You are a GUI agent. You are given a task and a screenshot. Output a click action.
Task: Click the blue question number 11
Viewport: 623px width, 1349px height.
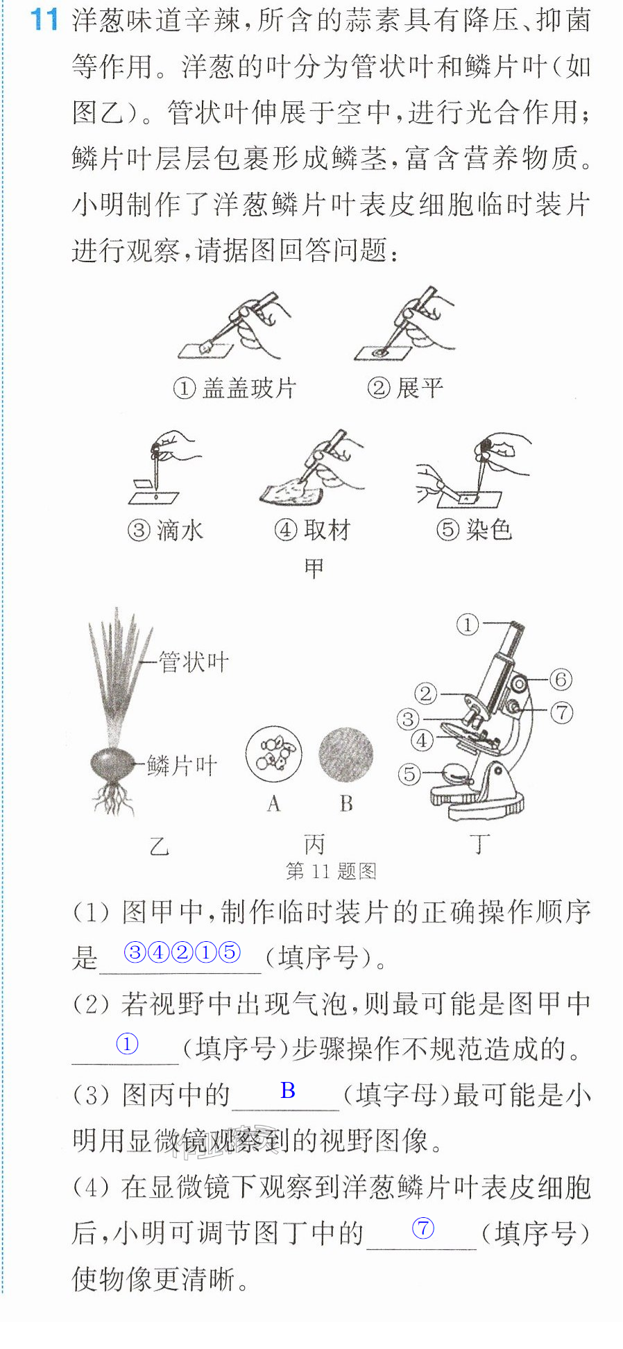click(44, 19)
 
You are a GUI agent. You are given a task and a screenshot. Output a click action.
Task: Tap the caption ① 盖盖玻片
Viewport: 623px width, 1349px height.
click(234, 388)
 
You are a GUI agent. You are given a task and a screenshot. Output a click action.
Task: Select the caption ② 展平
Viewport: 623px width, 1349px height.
click(405, 388)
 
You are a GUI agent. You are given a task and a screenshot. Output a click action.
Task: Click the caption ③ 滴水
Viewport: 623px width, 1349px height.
click(165, 531)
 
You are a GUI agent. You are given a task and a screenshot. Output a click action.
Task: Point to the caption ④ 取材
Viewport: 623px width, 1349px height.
click(312, 531)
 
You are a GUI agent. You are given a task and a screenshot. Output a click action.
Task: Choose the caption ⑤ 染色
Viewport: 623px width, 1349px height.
click(474, 530)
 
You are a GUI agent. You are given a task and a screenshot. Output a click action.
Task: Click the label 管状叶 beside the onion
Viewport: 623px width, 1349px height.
click(194, 662)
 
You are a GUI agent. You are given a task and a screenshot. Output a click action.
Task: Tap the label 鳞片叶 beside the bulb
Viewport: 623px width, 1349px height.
click(182, 766)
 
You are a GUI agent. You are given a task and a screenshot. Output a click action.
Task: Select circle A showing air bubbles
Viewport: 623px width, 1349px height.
click(273, 754)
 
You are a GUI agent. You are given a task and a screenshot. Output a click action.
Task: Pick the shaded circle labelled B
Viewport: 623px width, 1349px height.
click(345, 755)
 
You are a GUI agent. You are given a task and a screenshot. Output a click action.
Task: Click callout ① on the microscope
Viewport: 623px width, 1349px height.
click(468, 624)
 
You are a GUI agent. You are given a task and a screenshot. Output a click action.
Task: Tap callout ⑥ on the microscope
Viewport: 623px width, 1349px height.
click(561, 679)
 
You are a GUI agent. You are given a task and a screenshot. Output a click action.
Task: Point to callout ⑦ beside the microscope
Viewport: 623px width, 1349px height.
click(561, 712)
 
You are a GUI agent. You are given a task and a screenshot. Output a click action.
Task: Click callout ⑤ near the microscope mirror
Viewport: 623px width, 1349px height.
click(409, 774)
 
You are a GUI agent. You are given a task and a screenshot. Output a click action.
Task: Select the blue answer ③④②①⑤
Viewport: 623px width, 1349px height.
click(182, 952)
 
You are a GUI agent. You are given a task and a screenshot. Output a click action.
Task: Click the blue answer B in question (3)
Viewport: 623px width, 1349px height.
click(288, 1090)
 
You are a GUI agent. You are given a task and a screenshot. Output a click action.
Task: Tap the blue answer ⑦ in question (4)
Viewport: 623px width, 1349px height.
click(423, 1228)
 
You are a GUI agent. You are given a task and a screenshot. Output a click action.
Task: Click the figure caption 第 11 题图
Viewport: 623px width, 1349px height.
click(331, 871)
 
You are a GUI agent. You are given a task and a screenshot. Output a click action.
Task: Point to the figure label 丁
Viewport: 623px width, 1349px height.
click(479, 844)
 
